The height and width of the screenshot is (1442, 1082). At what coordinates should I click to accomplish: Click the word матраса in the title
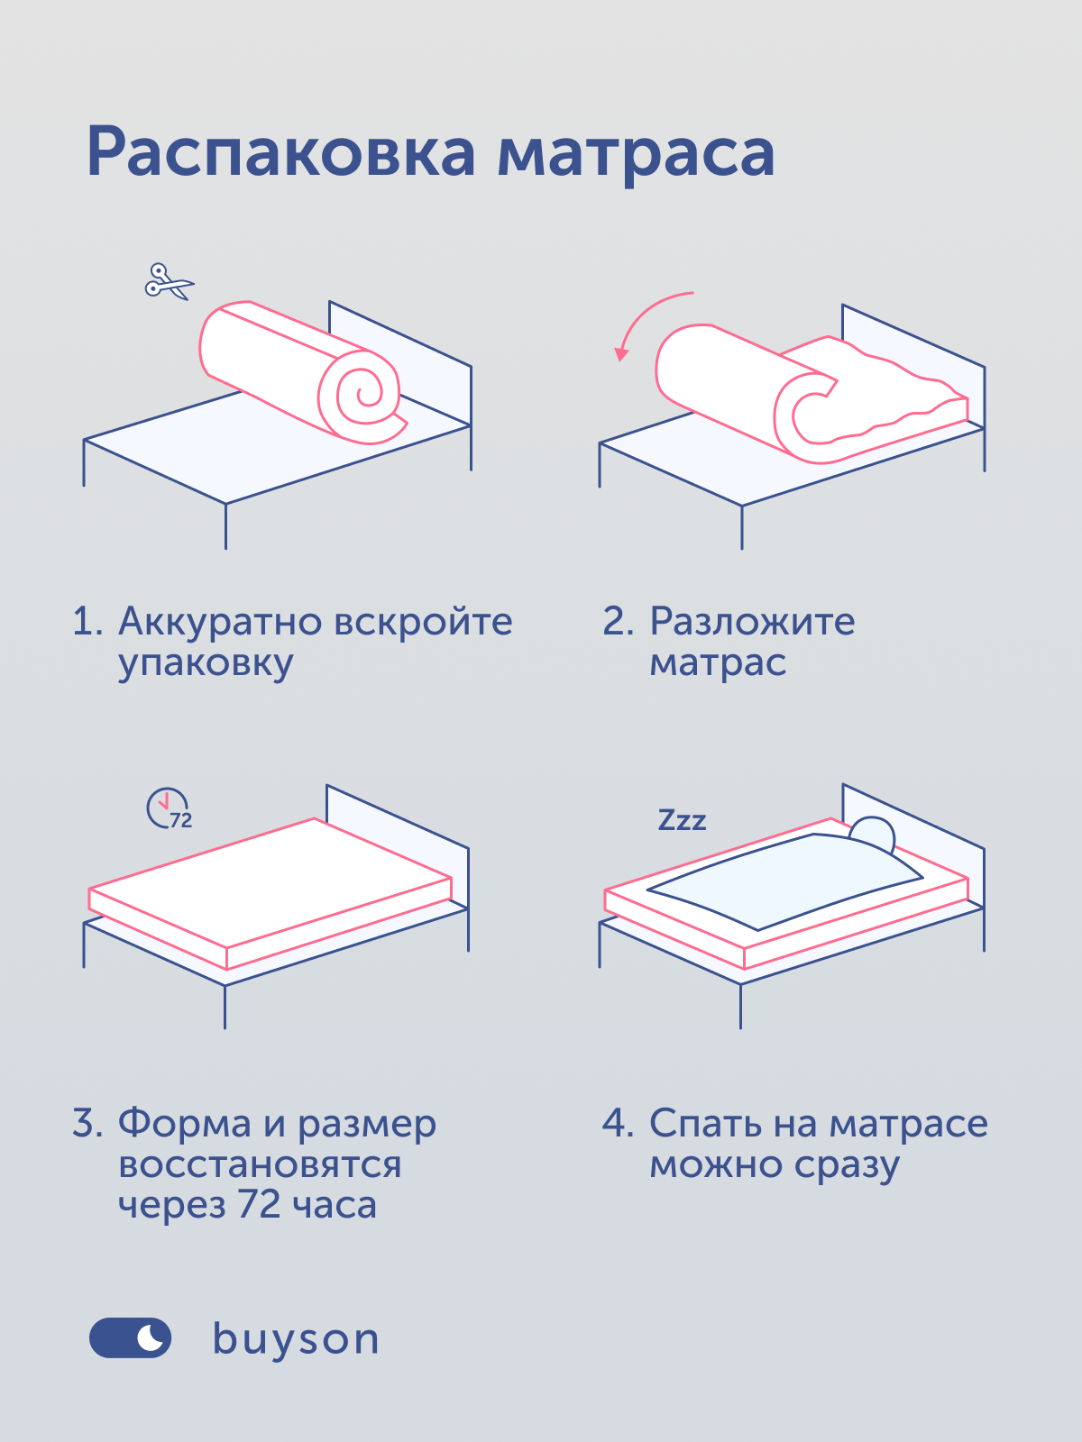click(636, 156)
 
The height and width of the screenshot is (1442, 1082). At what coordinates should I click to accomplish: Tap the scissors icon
click(170, 282)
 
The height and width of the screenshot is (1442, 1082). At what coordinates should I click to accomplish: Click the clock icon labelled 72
click(169, 808)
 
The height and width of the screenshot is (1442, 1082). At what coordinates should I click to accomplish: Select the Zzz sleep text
click(682, 820)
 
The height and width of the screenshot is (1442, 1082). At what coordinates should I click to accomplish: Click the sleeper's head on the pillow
click(873, 833)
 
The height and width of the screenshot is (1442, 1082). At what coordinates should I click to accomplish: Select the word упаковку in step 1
click(206, 665)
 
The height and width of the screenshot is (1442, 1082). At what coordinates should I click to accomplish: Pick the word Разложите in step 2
click(752, 621)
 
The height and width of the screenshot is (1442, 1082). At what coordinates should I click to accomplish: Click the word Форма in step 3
click(185, 1123)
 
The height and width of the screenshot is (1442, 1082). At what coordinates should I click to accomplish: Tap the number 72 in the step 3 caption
click(259, 1204)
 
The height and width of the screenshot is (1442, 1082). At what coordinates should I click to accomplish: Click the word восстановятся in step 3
click(261, 1164)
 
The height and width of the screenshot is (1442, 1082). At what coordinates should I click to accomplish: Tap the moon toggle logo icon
click(130, 1337)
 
